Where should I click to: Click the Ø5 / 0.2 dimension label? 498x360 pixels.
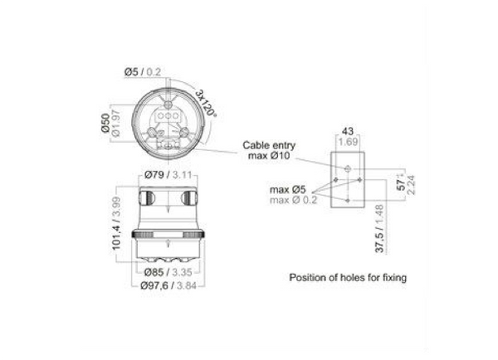point(143,72)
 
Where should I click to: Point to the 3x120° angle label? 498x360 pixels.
point(206,104)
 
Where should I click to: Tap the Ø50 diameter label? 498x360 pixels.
point(105,123)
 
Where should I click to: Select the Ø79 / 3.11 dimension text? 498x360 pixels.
point(168,174)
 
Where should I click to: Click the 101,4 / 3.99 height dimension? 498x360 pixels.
point(116,223)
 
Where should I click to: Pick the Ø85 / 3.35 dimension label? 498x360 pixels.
point(168,272)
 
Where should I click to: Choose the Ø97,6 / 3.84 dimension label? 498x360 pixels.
point(168,285)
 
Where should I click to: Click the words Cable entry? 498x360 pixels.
point(269,145)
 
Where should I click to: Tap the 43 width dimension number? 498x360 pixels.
point(348,131)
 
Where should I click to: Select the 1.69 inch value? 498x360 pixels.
point(348,142)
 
